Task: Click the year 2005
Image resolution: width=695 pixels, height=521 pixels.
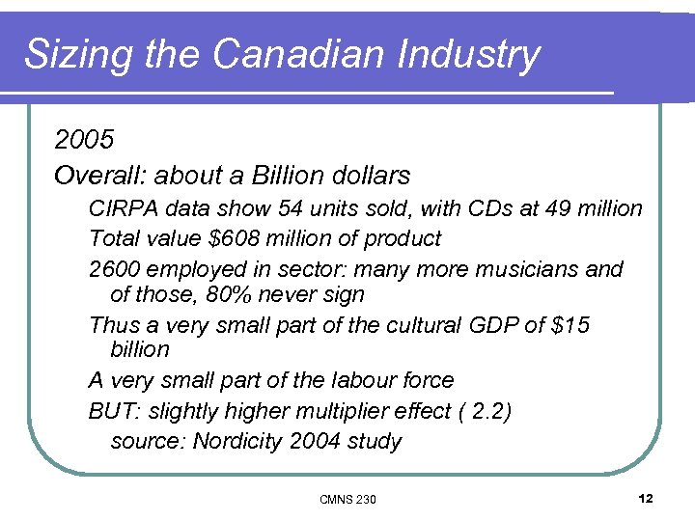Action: [x=85, y=141]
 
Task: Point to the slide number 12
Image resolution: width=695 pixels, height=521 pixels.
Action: [x=646, y=498]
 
